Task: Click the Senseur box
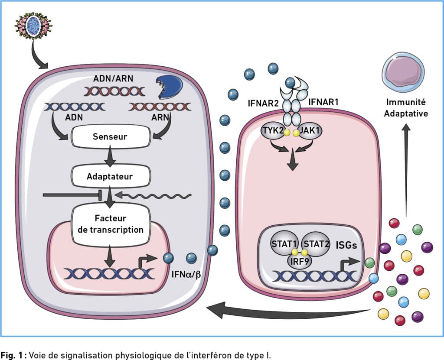(x=110, y=136)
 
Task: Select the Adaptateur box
(x=110, y=176)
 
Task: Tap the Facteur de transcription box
(x=110, y=224)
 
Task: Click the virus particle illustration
(x=33, y=25)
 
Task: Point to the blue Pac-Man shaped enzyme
(x=170, y=87)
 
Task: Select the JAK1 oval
(x=309, y=131)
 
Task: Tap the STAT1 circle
(x=284, y=243)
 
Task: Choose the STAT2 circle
(x=316, y=243)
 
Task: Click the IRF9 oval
(x=300, y=261)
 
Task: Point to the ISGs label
(x=346, y=245)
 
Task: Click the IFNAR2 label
(x=263, y=103)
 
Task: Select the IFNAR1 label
(x=323, y=102)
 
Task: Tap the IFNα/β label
(x=186, y=274)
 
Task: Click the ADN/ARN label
(x=113, y=78)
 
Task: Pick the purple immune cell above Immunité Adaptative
(x=403, y=72)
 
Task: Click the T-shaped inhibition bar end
(x=100, y=195)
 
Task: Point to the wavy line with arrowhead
(x=153, y=195)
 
